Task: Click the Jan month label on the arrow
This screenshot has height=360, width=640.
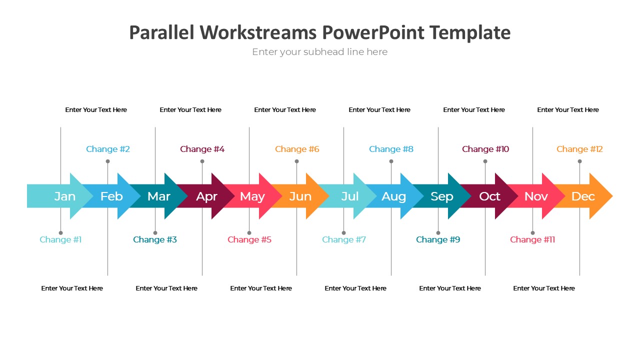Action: (65, 196)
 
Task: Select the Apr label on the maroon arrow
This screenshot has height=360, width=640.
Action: (206, 196)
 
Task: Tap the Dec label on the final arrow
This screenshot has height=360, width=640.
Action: (583, 196)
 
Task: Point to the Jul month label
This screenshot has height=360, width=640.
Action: (350, 196)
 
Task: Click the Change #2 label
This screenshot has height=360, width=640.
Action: (108, 149)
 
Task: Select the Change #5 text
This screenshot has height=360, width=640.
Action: (249, 239)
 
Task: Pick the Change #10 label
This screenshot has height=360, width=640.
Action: (485, 149)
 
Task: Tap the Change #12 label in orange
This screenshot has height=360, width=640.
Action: (579, 149)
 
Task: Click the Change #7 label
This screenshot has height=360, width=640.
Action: (344, 239)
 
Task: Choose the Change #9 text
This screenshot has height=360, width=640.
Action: (438, 239)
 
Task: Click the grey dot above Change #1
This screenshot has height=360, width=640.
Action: (60, 232)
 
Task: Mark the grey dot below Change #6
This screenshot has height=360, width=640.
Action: (296, 161)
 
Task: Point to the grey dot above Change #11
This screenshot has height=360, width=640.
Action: (532, 232)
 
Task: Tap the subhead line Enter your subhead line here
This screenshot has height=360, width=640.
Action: (320, 52)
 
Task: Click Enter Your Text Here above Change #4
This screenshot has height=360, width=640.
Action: (190, 110)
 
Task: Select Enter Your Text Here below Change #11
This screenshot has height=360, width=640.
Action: (544, 288)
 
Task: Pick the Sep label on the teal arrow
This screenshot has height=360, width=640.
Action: (442, 196)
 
